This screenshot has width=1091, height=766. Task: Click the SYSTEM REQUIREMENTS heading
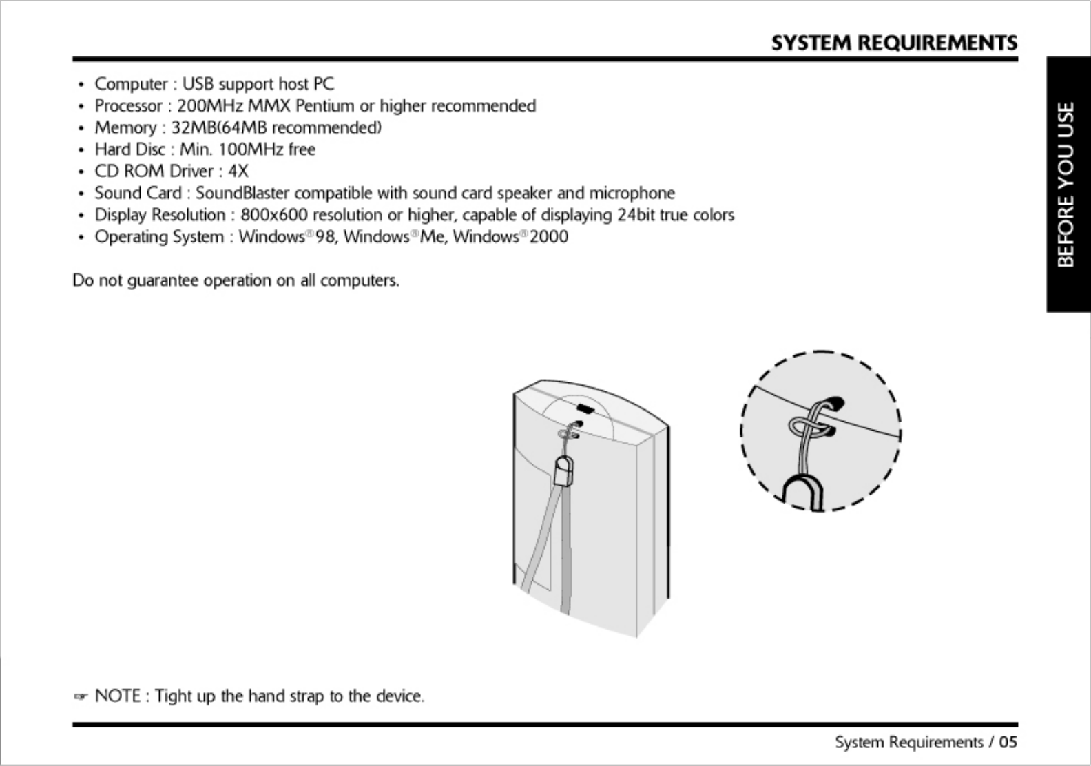893,43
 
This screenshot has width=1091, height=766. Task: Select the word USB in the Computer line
198,84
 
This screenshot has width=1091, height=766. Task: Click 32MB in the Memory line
195,128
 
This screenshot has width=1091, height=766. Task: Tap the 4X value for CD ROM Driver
238,172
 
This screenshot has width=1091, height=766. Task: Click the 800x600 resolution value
274,215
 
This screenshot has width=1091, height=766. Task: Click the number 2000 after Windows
549,237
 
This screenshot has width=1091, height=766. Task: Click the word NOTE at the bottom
118,696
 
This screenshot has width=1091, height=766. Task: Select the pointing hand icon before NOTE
81,697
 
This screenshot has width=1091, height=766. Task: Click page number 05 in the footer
1008,743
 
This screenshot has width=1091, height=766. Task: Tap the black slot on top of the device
585,409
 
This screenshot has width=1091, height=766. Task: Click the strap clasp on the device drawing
563,471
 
